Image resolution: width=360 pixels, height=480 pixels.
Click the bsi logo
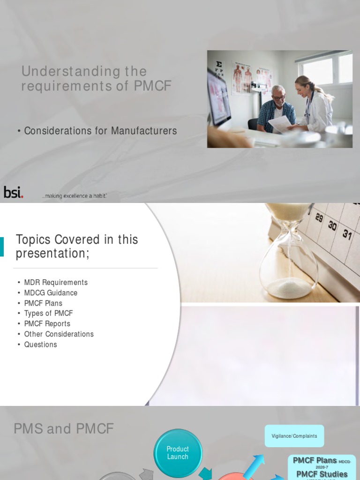pos(13,192)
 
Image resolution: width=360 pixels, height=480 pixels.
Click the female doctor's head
pos(303,86)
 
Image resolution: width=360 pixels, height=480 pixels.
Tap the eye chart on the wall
pos(218,69)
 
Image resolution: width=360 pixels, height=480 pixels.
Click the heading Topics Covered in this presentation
pos(77,246)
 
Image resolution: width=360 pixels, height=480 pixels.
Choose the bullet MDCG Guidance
pos(51,292)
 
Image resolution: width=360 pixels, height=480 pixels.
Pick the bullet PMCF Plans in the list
pos(43,303)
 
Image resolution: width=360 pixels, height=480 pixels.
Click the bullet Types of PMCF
pos(48,313)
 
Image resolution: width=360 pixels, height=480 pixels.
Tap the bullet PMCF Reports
pos(47,323)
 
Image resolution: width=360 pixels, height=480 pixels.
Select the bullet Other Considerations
pos(59,334)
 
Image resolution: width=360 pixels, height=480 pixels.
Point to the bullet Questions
pos(40,344)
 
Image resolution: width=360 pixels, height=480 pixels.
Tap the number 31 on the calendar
pos(347,234)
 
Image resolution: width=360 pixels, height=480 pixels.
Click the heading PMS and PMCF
pos(64,428)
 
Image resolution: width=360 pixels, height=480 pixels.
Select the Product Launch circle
pos(178,453)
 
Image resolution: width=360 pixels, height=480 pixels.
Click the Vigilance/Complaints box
pos(294,436)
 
